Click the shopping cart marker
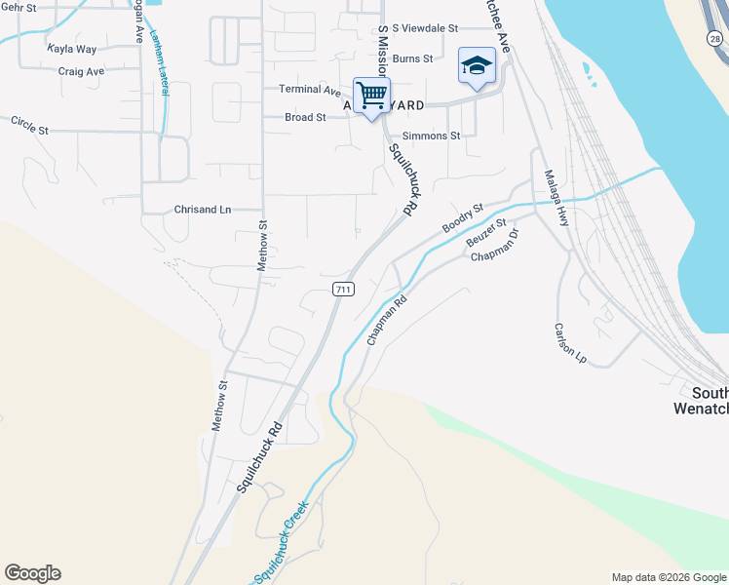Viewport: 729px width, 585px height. (371, 97)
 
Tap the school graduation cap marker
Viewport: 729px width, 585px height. (477, 66)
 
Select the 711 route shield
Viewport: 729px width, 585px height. (342, 289)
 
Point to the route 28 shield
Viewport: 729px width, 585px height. (714, 37)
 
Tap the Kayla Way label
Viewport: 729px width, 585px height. (72, 48)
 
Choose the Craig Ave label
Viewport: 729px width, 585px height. (81, 71)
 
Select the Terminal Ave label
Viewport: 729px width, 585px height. (309, 90)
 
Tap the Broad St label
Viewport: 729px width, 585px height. (305, 117)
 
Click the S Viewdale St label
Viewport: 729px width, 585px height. (424, 28)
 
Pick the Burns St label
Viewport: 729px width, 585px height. (413, 58)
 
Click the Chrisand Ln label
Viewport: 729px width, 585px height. (203, 210)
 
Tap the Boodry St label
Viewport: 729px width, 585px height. (463, 217)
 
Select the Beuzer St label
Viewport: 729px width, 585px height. (486, 233)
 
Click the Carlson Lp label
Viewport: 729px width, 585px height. (570, 343)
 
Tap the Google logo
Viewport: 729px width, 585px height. (32, 573)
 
